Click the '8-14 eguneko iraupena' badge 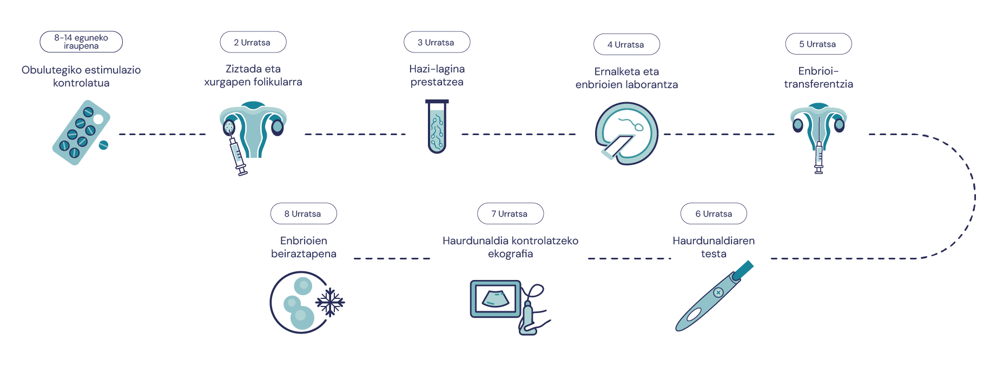(81, 42)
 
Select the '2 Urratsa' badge (253, 42)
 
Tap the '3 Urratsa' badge (437, 42)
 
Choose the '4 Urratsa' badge (626, 44)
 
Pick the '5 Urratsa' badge (818, 44)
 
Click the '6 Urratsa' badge (714, 213)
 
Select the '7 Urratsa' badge (510, 213)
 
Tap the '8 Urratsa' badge (303, 213)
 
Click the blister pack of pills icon (81, 132)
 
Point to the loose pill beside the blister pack (103, 145)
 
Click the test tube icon (437, 126)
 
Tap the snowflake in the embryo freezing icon (330, 302)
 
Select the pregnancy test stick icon (714, 296)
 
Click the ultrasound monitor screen (496, 299)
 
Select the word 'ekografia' (510, 253)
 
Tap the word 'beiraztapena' (303, 253)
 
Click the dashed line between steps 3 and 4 (519, 134)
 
